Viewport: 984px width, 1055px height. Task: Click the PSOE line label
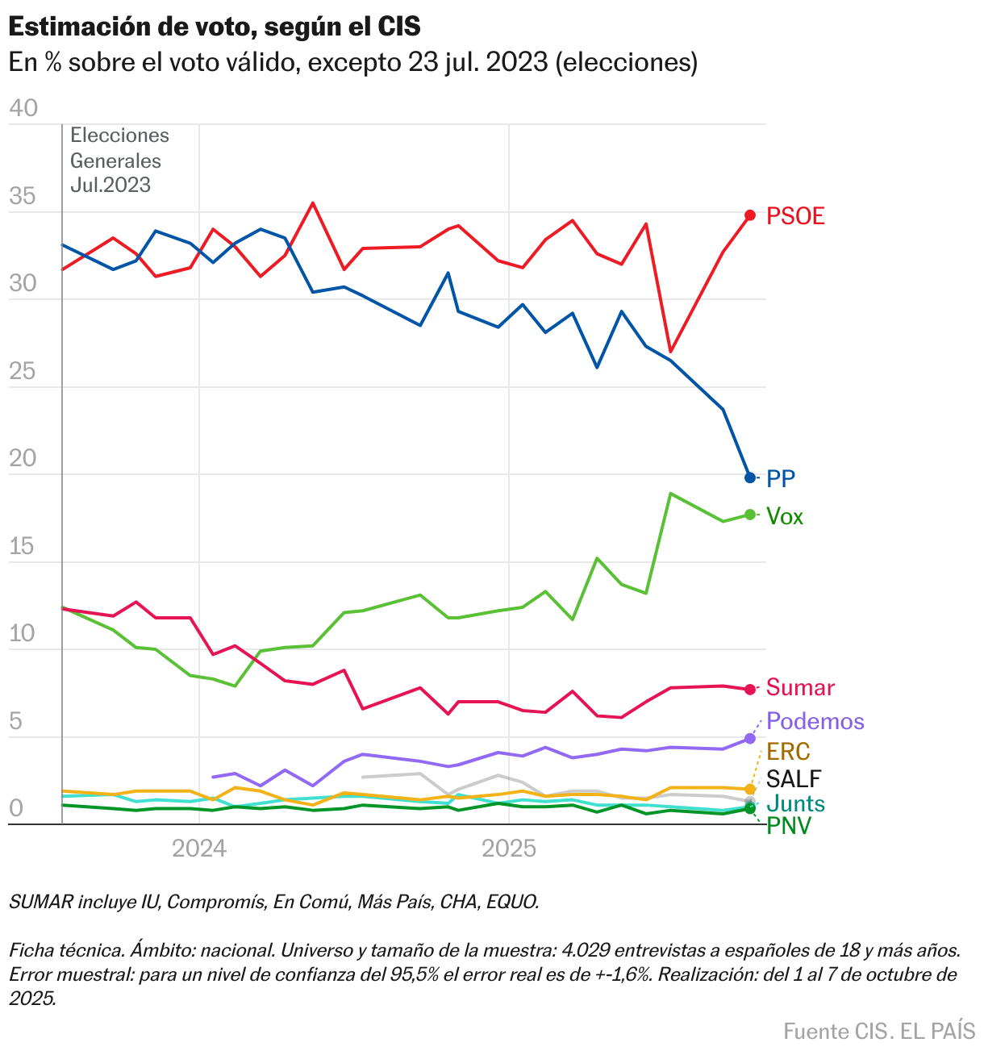[795, 216]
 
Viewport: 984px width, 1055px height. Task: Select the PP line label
[781, 478]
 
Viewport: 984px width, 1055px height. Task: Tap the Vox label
[785, 516]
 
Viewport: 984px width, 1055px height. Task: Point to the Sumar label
[800, 688]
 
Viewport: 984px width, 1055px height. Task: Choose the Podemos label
[815, 721]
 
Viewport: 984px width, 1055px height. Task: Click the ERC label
[788, 752]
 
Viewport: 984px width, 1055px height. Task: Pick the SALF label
[794, 779]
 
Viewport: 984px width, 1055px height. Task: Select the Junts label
[795, 803]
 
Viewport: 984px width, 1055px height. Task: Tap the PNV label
[789, 826]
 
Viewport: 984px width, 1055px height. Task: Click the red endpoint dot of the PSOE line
[750, 215]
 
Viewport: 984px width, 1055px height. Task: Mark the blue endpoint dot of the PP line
[750, 477]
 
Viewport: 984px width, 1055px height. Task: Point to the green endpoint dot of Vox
[750, 515]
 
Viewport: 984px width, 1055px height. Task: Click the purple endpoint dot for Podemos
[750, 738]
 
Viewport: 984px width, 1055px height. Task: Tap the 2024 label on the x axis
[200, 849]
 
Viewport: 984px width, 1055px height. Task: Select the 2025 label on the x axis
[509, 849]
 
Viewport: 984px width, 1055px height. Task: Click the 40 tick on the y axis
[23, 108]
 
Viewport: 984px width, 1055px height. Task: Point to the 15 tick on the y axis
[23, 546]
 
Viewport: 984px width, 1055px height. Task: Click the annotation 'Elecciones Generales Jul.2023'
[119, 160]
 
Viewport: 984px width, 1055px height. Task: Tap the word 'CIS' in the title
[399, 27]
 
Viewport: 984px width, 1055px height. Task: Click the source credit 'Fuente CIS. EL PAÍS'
[879, 1031]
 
